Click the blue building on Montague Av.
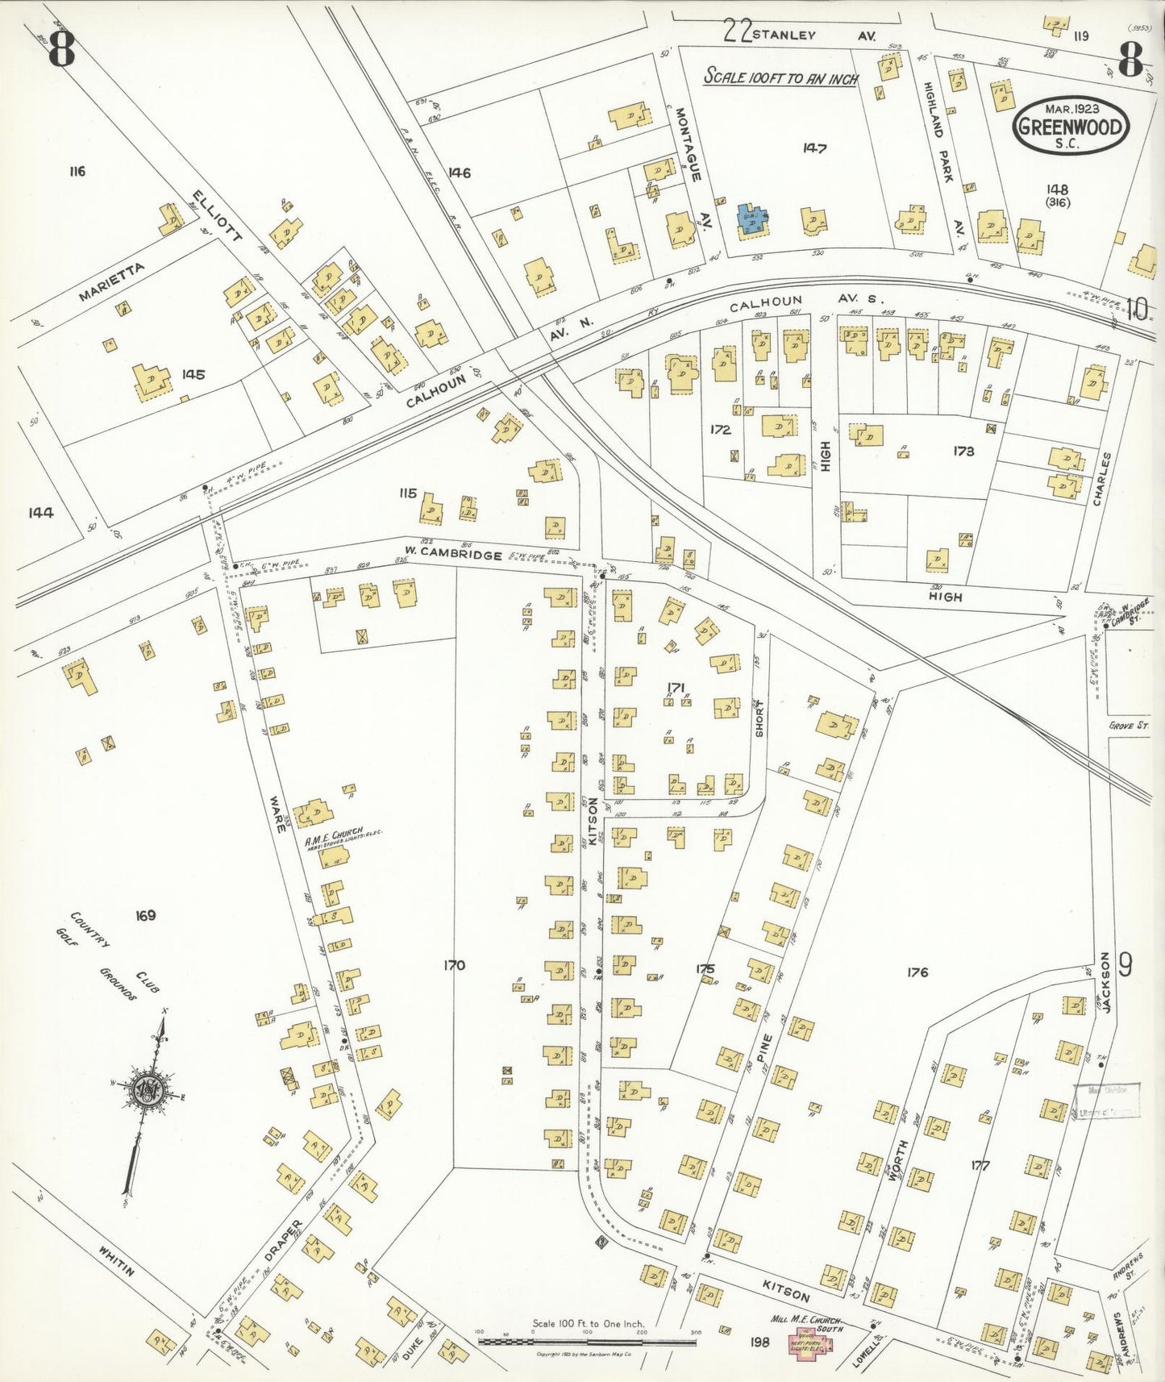(x=751, y=219)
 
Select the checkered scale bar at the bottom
(x=587, y=1342)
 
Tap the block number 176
(x=917, y=972)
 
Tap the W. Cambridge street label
(x=452, y=556)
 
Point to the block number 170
(x=455, y=965)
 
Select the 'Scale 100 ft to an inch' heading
(x=780, y=77)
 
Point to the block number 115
(x=407, y=493)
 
